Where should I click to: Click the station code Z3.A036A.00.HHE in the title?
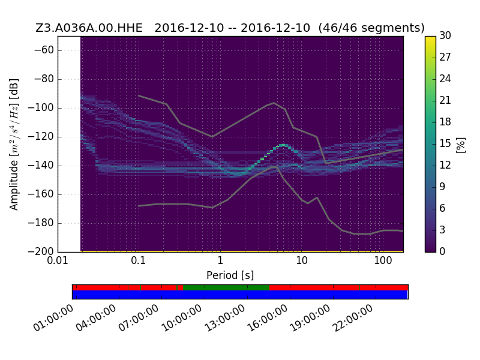pos(89,28)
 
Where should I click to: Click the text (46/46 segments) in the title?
pos(371,28)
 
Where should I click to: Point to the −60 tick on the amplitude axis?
pos(44,50)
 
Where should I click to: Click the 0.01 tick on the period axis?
pos(58,260)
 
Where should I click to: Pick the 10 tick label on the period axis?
pos(302,260)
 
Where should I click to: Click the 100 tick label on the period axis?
pos(383,260)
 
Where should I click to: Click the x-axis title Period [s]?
pos(230,275)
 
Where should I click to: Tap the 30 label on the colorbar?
pos(445,35)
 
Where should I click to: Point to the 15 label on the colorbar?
pos(445,143)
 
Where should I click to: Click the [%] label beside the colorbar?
pos(461,145)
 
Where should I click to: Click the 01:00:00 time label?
pos(53,318)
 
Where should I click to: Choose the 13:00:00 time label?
pos(225,318)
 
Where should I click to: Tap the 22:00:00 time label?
pos(353,318)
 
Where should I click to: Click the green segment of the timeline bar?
pos(226,287)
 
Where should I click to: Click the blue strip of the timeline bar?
pos(240,295)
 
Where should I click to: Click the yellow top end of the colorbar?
pos(430,37)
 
